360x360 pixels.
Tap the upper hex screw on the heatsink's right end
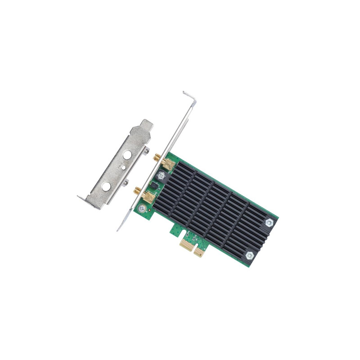pos(269,222)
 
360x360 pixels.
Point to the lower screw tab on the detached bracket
pos(126,182)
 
